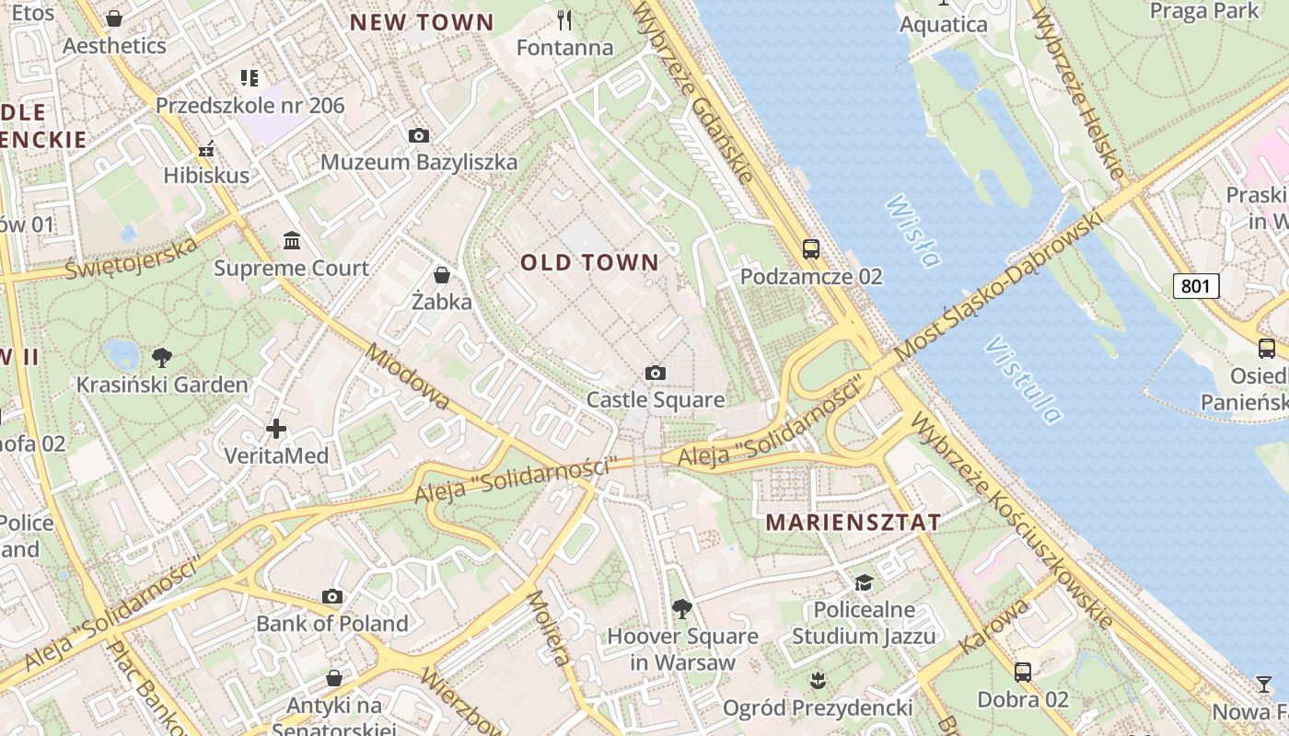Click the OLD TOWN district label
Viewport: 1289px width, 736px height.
pyautogui.click(x=590, y=263)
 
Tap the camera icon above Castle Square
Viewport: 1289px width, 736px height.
pyautogui.click(x=656, y=373)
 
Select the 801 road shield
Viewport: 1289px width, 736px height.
pyautogui.click(x=1196, y=286)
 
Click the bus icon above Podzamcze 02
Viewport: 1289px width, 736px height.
pyautogui.click(x=811, y=248)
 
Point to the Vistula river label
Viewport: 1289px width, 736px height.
pyautogui.click(x=1022, y=378)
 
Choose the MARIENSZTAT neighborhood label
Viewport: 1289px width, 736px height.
pyautogui.click(x=854, y=523)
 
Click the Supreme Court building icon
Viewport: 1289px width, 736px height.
pyautogui.click(x=292, y=241)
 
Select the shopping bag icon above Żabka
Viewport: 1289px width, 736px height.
pyautogui.click(x=442, y=275)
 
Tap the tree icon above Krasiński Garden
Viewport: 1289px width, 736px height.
pyautogui.click(x=162, y=357)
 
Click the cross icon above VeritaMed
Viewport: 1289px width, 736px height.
pyautogui.click(x=276, y=429)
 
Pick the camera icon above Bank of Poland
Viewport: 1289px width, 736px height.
pyautogui.click(x=332, y=596)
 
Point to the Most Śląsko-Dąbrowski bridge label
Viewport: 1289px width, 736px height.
pyautogui.click(x=998, y=285)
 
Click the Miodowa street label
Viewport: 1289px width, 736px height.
pyautogui.click(x=406, y=376)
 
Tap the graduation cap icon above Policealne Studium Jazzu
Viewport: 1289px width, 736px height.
pyautogui.click(x=864, y=582)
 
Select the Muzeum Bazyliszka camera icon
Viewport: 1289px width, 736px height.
pyautogui.click(x=419, y=136)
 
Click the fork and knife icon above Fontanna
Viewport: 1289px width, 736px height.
pyautogui.click(x=564, y=19)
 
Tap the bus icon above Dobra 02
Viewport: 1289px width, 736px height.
pyautogui.click(x=1023, y=672)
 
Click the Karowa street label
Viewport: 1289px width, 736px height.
pyautogui.click(x=993, y=627)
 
